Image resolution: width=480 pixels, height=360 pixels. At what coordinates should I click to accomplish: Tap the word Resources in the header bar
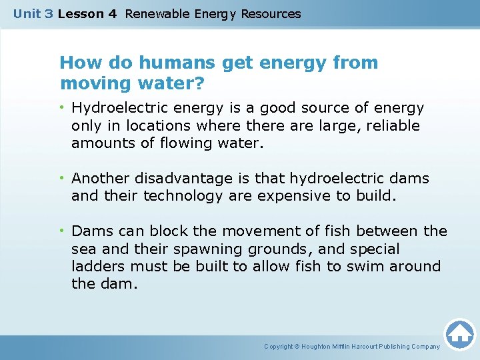(x=271, y=13)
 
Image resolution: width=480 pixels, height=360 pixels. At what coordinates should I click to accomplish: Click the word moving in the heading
(x=89, y=85)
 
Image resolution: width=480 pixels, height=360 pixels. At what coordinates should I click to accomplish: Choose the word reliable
(x=390, y=125)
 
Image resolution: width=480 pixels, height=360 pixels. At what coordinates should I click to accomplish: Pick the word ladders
(x=97, y=266)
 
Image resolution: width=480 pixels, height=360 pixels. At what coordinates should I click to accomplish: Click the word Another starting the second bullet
(x=101, y=179)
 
